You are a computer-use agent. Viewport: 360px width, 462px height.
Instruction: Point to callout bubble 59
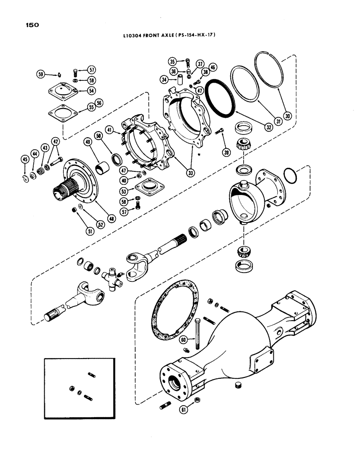41,74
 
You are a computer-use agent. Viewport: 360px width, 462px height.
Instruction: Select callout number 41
110,129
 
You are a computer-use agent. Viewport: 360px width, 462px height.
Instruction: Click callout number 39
226,152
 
